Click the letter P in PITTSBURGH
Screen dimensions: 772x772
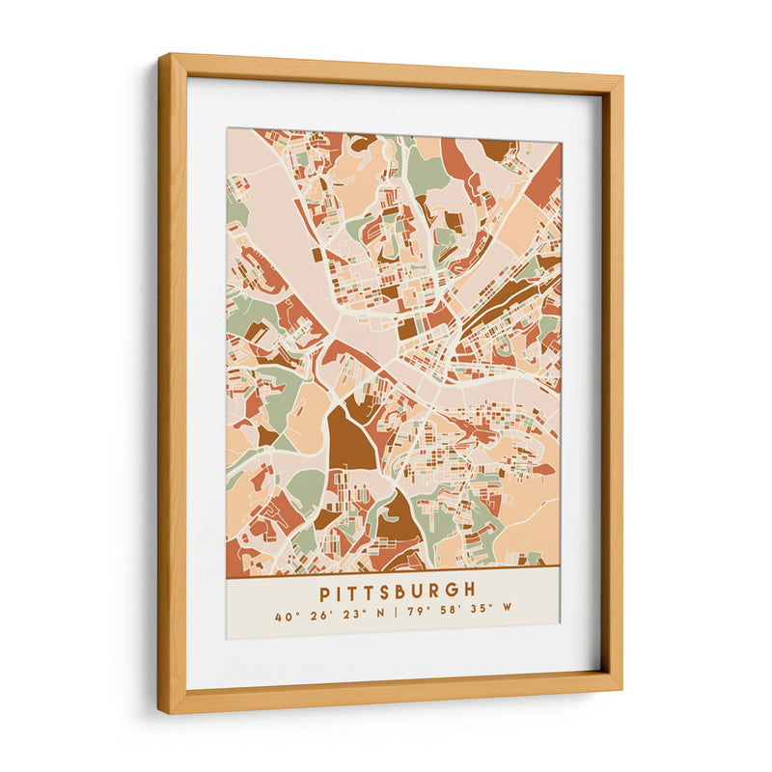click(x=325, y=591)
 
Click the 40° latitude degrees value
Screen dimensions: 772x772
click(x=284, y=615)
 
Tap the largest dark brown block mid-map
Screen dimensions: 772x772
click(x=350, y=440)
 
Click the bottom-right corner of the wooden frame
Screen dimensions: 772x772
click(x=620, y=689)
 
